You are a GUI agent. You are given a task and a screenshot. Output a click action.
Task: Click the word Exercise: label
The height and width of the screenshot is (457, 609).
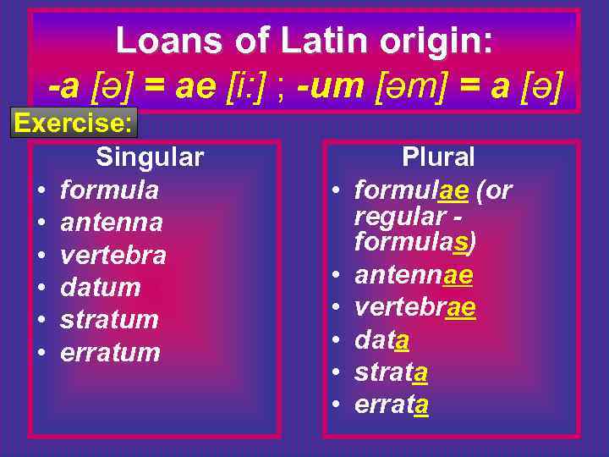pyautogui.click(x=74, y=124)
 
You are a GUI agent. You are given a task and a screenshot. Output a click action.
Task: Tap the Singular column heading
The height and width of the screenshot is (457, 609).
pyautogui.click(x=150, y=157)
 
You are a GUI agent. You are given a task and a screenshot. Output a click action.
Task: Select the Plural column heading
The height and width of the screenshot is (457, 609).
pyautogui.click(x=438, y=157)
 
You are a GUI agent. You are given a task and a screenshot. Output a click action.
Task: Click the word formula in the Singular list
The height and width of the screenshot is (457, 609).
pyautogui.click(x=109, y=190)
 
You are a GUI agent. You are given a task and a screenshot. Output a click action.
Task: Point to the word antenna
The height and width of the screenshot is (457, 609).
pyautogui.click(x=112, y=223)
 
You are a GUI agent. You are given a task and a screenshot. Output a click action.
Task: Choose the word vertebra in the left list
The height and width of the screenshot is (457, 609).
pyautogui.click(x=113, y=255)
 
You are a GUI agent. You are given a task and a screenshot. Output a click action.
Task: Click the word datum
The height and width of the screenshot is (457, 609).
pyautogui.click(x=100, y=287)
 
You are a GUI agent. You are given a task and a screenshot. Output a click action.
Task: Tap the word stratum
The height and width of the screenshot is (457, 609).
pyautogui.click(x=109, y=320)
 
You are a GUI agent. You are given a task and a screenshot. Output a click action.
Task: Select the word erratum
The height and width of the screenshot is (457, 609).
pyautogui.click(x=110, y=352)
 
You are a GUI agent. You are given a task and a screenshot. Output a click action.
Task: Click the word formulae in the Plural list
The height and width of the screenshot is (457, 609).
pyautogui.click(x=411, y=190)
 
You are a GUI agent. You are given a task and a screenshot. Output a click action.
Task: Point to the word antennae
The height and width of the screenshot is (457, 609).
pyautogui.click(x=414, y=275)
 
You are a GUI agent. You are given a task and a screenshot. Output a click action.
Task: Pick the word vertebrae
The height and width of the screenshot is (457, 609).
pyautogui.click(x=415, y=307)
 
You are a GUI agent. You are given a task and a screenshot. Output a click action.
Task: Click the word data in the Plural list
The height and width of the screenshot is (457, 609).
pyautogui.click(x=382, y=340)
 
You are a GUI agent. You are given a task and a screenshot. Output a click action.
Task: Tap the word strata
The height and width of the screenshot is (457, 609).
pyautogui.click(x=391, y=372)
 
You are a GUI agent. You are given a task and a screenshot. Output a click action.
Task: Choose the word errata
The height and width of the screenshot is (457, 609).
pyautogui.click(x=392, y=405)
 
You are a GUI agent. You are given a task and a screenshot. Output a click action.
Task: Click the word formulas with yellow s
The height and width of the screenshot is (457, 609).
pyautogui.click(x=412, y=243)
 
